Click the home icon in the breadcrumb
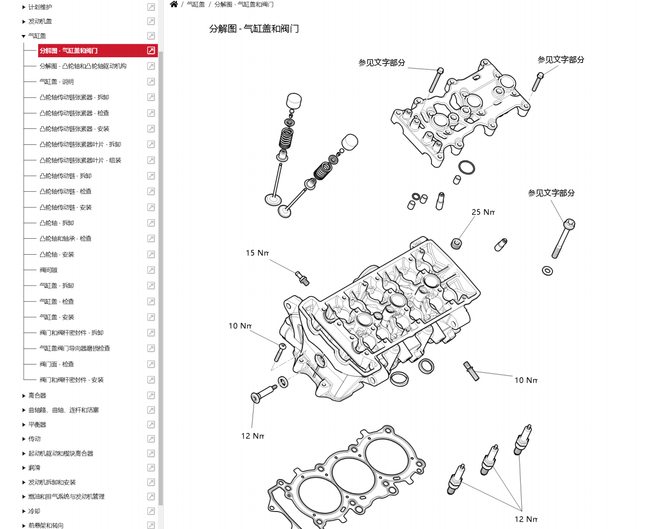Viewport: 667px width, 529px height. (x=174, y=4)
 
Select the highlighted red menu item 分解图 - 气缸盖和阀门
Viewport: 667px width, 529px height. (x=69, y=51)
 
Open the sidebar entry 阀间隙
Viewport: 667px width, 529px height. (x=48, y=270)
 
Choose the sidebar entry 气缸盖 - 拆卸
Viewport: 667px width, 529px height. (x=57, y=286)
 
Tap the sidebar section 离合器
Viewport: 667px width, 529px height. (x=37, y=395)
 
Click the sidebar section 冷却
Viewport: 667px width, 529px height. (x=34, y=511)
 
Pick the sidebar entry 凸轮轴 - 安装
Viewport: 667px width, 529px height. (x=57, y=255)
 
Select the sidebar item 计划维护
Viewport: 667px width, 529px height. (x=40, y=7)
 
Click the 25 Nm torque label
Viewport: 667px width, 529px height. (x=483, y=212)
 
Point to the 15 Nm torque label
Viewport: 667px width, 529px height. (x=257, y=253)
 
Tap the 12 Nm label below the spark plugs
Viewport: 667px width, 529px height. (x=526, y=519)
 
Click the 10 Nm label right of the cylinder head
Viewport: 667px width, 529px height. (x=526, y=380)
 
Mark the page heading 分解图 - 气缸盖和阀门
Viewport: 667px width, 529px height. (x=254, y=29)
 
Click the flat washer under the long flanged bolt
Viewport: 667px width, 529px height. (x=547, y=271)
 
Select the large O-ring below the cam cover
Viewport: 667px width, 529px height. (x=466, y=167)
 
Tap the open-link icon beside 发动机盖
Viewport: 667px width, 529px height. (x=151, y=22)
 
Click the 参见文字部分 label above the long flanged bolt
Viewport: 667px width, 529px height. (x=551, y=193)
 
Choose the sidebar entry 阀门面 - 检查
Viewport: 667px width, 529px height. (x=57, y=365)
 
